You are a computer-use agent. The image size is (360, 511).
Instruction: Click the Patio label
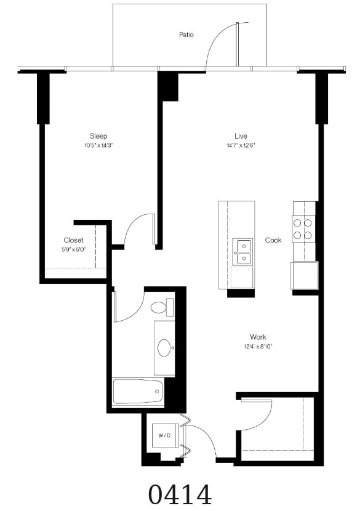click(186, 34)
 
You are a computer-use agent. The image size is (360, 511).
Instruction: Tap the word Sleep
click(98, 136)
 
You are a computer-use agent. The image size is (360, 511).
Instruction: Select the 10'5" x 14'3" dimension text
click(98, 146)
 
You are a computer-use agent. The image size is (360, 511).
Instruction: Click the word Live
click(241, 136)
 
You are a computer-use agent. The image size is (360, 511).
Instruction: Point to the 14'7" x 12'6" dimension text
click(241, 146)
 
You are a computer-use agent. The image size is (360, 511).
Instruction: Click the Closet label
click(73, 240)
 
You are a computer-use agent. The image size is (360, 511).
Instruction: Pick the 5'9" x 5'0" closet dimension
click(73, 250)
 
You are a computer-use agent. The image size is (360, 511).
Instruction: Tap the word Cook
click(273, 240)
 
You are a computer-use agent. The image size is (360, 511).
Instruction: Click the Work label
click(258, 337)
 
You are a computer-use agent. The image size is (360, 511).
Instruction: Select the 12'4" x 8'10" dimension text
click(258, 347)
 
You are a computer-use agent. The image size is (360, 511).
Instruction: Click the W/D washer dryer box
click(165, 435)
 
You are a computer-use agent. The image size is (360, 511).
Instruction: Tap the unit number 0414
click(180, 495)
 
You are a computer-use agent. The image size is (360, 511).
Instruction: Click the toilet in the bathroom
click(162, 307)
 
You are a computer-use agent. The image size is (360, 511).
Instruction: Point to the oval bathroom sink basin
click(164, 348)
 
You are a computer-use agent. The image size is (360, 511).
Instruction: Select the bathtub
click(138, 392)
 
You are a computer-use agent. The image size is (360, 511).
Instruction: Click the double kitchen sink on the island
click(242, 252)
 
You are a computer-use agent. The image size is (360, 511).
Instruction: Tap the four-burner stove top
click(303, 229)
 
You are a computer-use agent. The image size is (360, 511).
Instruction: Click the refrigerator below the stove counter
click(304, 275)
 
